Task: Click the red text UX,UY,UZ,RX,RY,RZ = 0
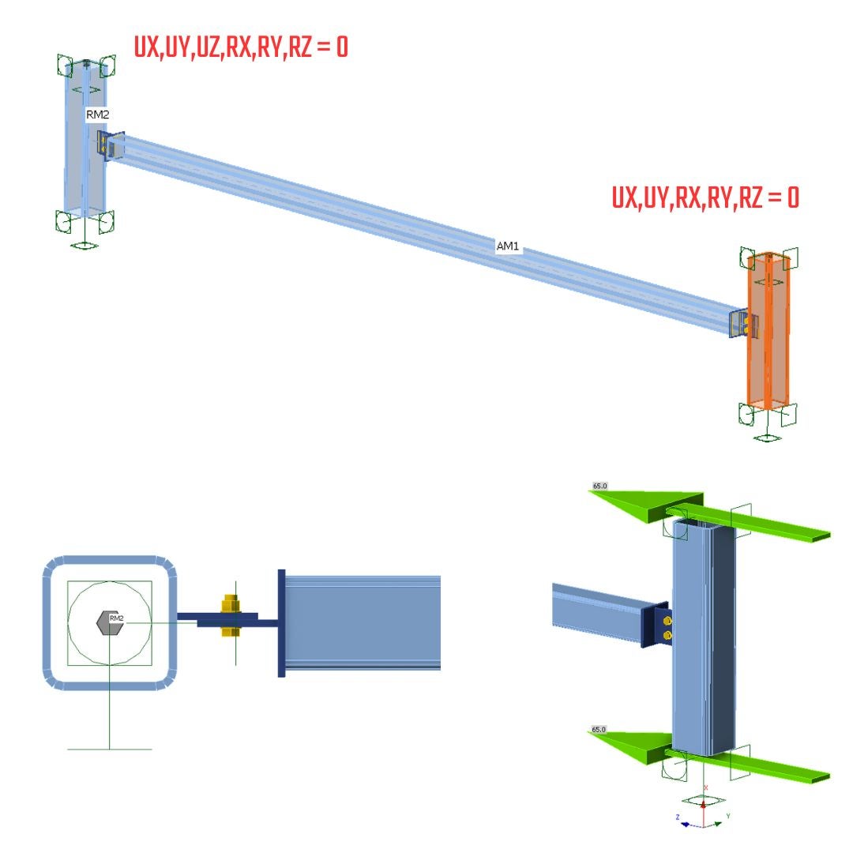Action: click(x=240, y=48)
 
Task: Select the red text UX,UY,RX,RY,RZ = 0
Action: click(x=705, y=197)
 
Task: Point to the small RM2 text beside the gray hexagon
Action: click(x=117, y=618)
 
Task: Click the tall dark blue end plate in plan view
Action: click(x=281, y=622)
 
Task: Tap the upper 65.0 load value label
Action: click(x=599, y=486)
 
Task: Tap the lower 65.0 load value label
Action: click(x=599, y=730)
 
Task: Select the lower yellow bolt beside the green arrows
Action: click(x=668, y=635)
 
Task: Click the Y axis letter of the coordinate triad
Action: click(x=727, y=815)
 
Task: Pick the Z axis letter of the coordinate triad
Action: click(x=678, y=817)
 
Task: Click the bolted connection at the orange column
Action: click(x=744, y=324)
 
